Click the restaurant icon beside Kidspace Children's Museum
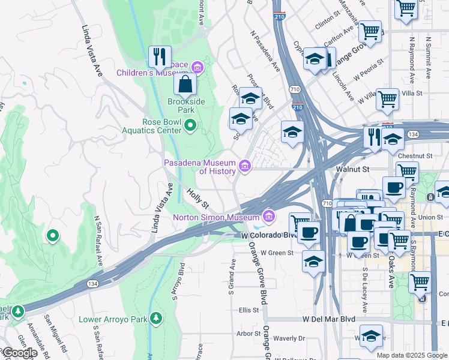click(x=160, y=57)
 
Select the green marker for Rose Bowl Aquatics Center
click(x=190, y=125)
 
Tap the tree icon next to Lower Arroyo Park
click(x=157, y=317)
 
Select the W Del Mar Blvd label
click(x=330, y=319)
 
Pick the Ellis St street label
click(x=249, y=310)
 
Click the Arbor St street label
click(x=247, y=333)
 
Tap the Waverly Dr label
click(x=289, y=338)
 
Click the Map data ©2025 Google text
click(x=412, y=355)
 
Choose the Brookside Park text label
click(x=186, y=106)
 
